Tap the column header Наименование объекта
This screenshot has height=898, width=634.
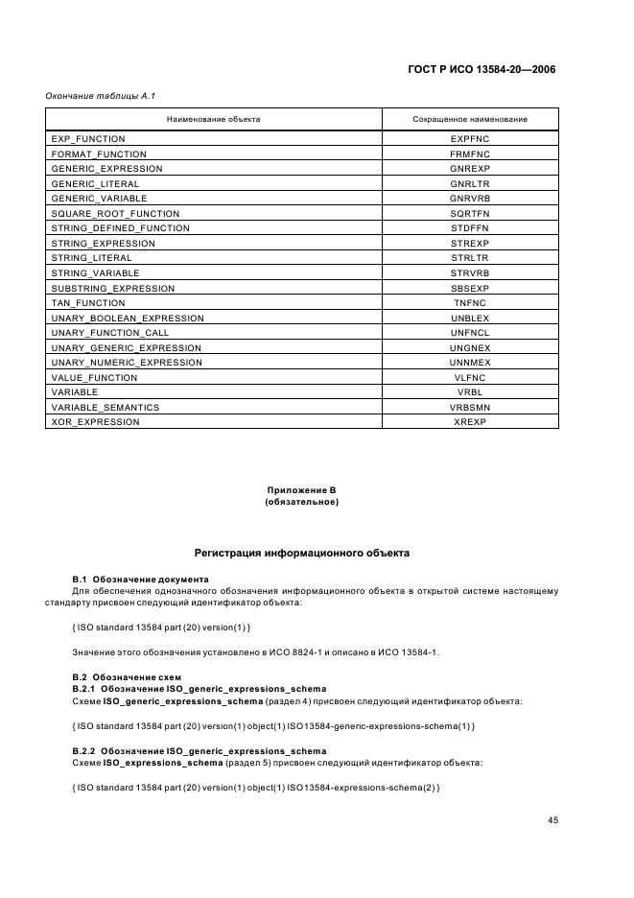click(x=213, y=120)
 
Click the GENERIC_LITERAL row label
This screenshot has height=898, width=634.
click(x=95, y=183)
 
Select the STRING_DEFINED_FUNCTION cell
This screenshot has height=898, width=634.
click(x=120, y=228)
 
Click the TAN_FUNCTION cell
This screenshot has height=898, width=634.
click(x=87, y=302)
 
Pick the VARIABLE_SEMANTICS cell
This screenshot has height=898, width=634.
click(x=105, y=407)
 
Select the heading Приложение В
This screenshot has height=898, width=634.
click(x=302, y=490)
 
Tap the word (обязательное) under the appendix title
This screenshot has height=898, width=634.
click(x=302, y=502)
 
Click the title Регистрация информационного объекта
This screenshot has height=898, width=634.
click(x=302, y=554)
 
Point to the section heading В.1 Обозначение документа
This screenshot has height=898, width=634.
click(x=140, y=579)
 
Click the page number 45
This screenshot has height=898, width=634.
click(x=553, y=820)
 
